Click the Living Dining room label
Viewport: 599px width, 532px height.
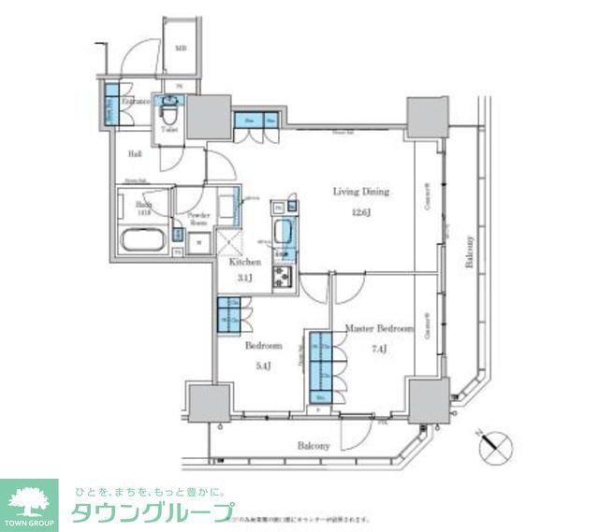pyautogui.click(x=360, y=192)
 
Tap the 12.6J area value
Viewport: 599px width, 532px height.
pyautogui.click(x=360, y=212)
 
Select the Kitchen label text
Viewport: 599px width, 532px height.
pyautogui.click(x=245, y=263)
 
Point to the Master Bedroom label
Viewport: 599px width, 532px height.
pyautogui.click(x=379, y=329)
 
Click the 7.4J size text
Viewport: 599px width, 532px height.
pyautogui.click(x=379, y=351)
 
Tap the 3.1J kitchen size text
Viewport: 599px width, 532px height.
pyautogui.click(x=245, y=279)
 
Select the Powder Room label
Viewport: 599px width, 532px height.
pyautogui.click(x=197, y=219)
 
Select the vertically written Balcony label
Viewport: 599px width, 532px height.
pyautogui.click(x=469, y=252)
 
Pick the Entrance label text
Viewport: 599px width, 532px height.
pyautogui.click(x=129, y=101)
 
